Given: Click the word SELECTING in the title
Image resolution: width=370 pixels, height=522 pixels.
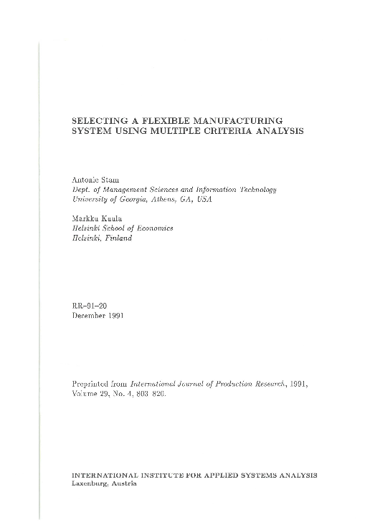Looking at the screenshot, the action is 100,120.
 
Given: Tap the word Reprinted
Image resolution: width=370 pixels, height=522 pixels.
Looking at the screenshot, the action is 93,385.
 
